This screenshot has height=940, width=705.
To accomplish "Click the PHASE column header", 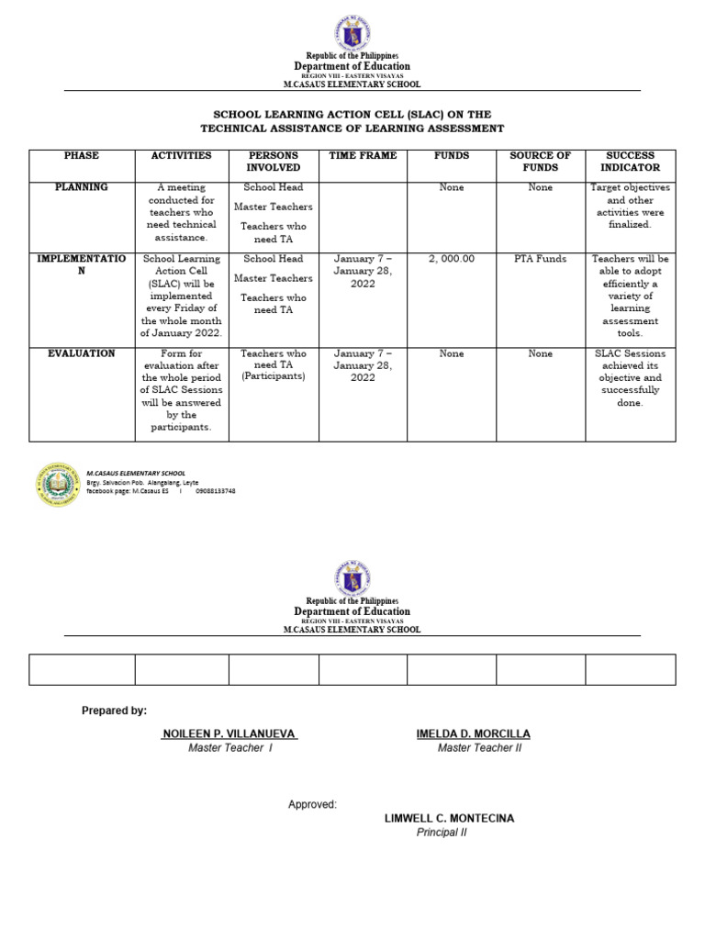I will click(x=82, y=156).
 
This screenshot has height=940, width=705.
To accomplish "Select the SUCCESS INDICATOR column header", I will click(x=630, y=162).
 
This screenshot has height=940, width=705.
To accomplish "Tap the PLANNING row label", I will click(x=82, y=187).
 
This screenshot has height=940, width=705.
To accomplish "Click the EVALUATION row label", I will click(x=82, y=353).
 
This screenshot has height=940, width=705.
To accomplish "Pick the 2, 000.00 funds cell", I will click(x=452, y=259).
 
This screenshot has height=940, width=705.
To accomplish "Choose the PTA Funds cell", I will click(x=541, y=259).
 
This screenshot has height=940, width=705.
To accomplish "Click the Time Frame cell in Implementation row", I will click(x=363, y=272).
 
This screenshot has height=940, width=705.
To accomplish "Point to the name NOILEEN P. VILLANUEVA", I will click(x=229, y=734).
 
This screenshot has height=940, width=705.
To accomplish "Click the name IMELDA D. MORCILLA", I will click(x=473, y=734).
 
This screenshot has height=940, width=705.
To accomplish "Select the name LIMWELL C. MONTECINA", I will click(x=449, y=818).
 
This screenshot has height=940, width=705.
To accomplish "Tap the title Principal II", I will click(x=442, y=833).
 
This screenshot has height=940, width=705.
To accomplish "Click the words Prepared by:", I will click(x=114, y=711).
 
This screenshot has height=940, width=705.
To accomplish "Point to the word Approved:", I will click(x=312, y=805).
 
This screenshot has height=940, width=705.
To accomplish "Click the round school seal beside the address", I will click(x=58, y=486).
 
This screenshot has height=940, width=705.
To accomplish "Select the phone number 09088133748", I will click(x=216, y=491).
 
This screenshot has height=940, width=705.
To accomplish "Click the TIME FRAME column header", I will click(x=363, y=156).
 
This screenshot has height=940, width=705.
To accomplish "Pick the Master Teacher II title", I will click(x=479, y=748).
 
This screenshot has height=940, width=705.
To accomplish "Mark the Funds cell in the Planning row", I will click(x=452, y=187).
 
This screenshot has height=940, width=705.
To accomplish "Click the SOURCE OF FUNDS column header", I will click(x=541, y=162).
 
